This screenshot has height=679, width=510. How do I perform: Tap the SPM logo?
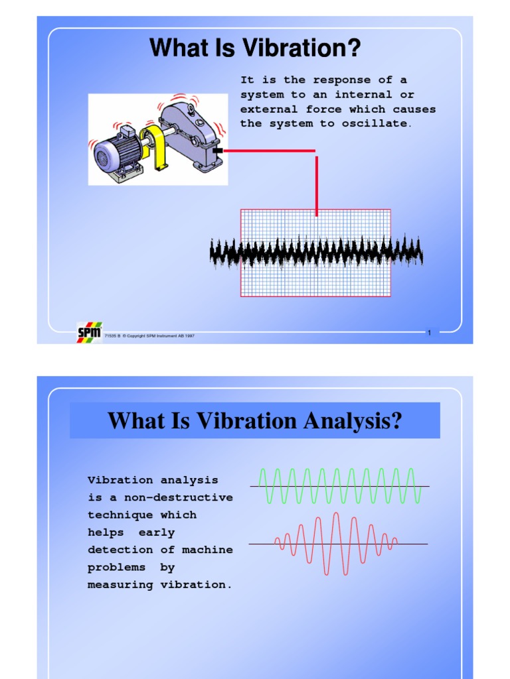tap(89, 332)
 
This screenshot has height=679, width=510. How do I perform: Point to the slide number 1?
tap(429, 333)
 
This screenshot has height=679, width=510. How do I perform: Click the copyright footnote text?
tap(149, 336)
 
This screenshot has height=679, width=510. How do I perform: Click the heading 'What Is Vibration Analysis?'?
tap(255, 420)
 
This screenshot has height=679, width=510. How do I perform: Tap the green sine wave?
tap(339, 485)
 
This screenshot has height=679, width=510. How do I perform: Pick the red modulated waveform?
tap(335, 544)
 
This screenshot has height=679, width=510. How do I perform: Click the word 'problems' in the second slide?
tap(117, 567)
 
